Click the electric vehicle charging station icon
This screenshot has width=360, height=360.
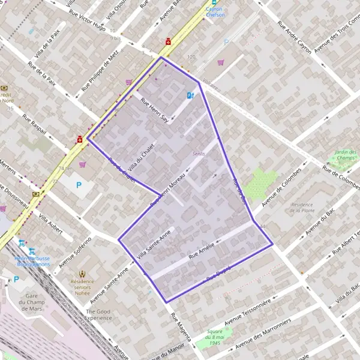tap(190, 95)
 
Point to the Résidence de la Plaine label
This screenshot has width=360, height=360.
tap(302, 208)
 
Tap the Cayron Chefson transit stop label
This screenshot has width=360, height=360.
tap(215, 12)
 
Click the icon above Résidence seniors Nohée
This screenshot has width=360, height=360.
tap(82, 270)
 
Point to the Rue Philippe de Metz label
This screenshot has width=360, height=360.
tap(100, 71)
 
